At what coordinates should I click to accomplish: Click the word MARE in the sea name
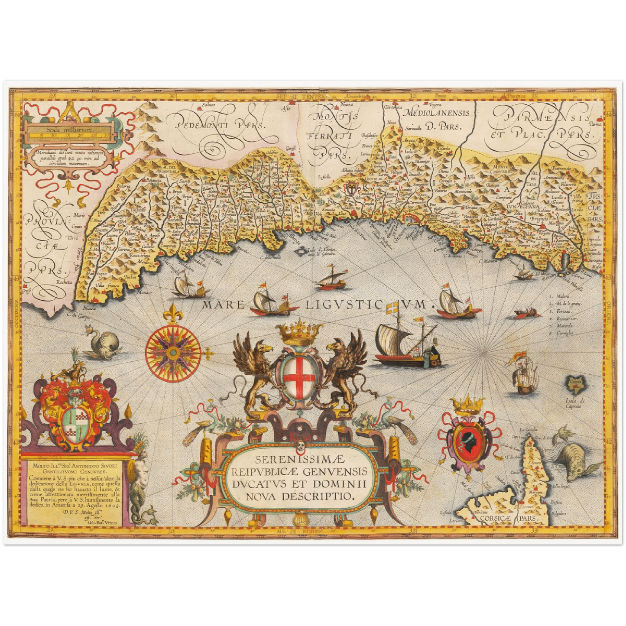[224, 305]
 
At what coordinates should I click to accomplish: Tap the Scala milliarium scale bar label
[70, 129]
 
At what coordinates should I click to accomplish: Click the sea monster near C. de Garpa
[104, 344]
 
